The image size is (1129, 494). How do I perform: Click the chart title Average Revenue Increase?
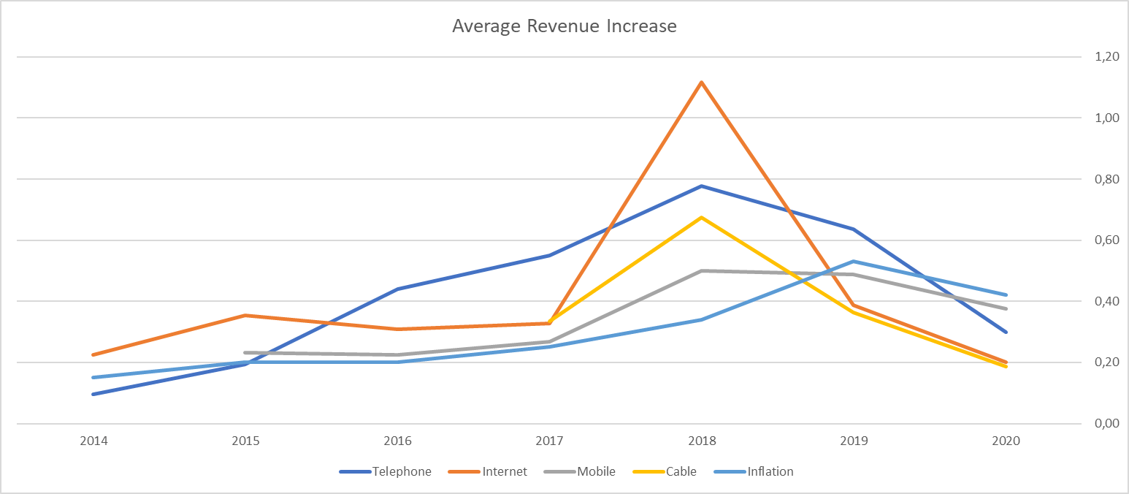pos(564,27)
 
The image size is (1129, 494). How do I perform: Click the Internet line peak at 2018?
pos(702,82)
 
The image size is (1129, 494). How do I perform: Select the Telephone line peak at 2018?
pos(702,186)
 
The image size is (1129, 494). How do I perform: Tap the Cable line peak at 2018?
pos(702,217)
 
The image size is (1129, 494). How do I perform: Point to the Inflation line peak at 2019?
pos(854,261)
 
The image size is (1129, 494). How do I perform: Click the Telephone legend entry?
pos(386,471)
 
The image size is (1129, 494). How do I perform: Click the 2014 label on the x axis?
pos(94,441)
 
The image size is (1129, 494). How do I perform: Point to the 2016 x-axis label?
pos(398,441)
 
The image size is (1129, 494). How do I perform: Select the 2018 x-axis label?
pos(702,441)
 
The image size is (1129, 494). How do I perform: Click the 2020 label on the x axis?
pos(1006,441)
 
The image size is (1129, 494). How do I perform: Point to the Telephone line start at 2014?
pos(94,394)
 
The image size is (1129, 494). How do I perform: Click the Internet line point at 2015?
pos(246,315)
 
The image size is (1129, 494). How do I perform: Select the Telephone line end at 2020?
pos(1006,332)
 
